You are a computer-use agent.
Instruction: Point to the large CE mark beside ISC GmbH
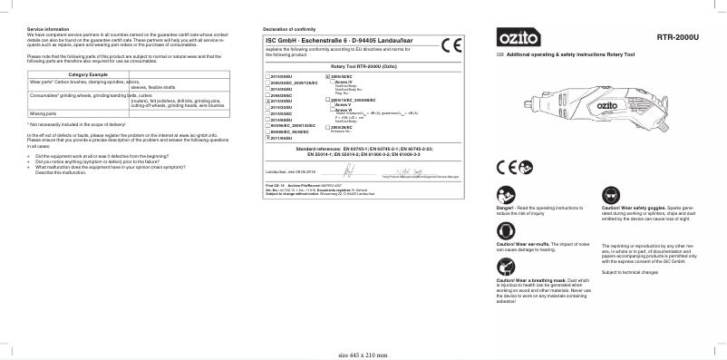tap(451, 45)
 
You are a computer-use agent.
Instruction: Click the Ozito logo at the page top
tap(519, 39)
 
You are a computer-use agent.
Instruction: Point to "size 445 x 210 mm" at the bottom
tap(363, 354)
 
